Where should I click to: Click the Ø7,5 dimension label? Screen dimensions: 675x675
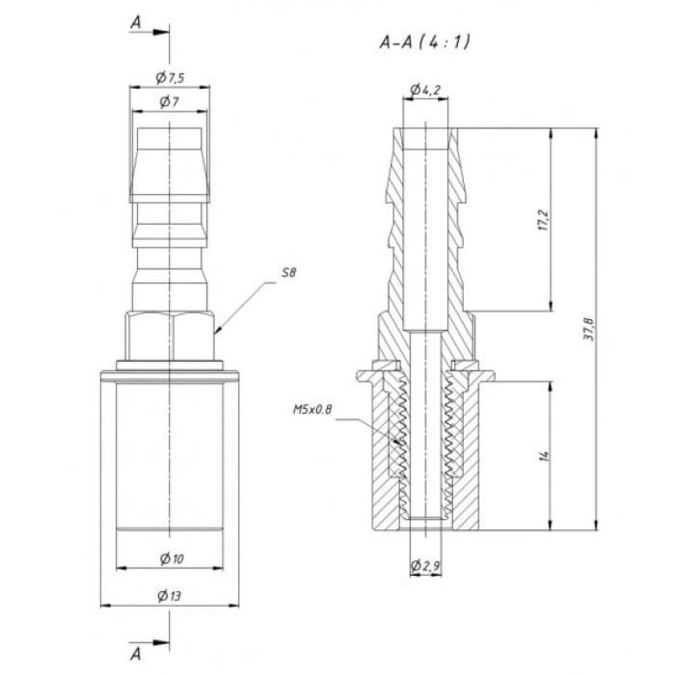click(170, 78)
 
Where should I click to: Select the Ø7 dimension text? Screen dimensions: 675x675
click(169, 102)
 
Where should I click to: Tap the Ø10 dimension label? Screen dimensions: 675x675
click(172, 558)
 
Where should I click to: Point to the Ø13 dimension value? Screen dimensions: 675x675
click(169, 596)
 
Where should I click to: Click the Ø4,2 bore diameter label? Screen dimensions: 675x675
click(425, 90)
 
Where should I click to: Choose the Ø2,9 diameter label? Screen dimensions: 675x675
click(425, 565)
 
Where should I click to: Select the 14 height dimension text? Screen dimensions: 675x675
click(544, 456)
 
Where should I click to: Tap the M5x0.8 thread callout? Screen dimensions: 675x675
click(312, 409)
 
